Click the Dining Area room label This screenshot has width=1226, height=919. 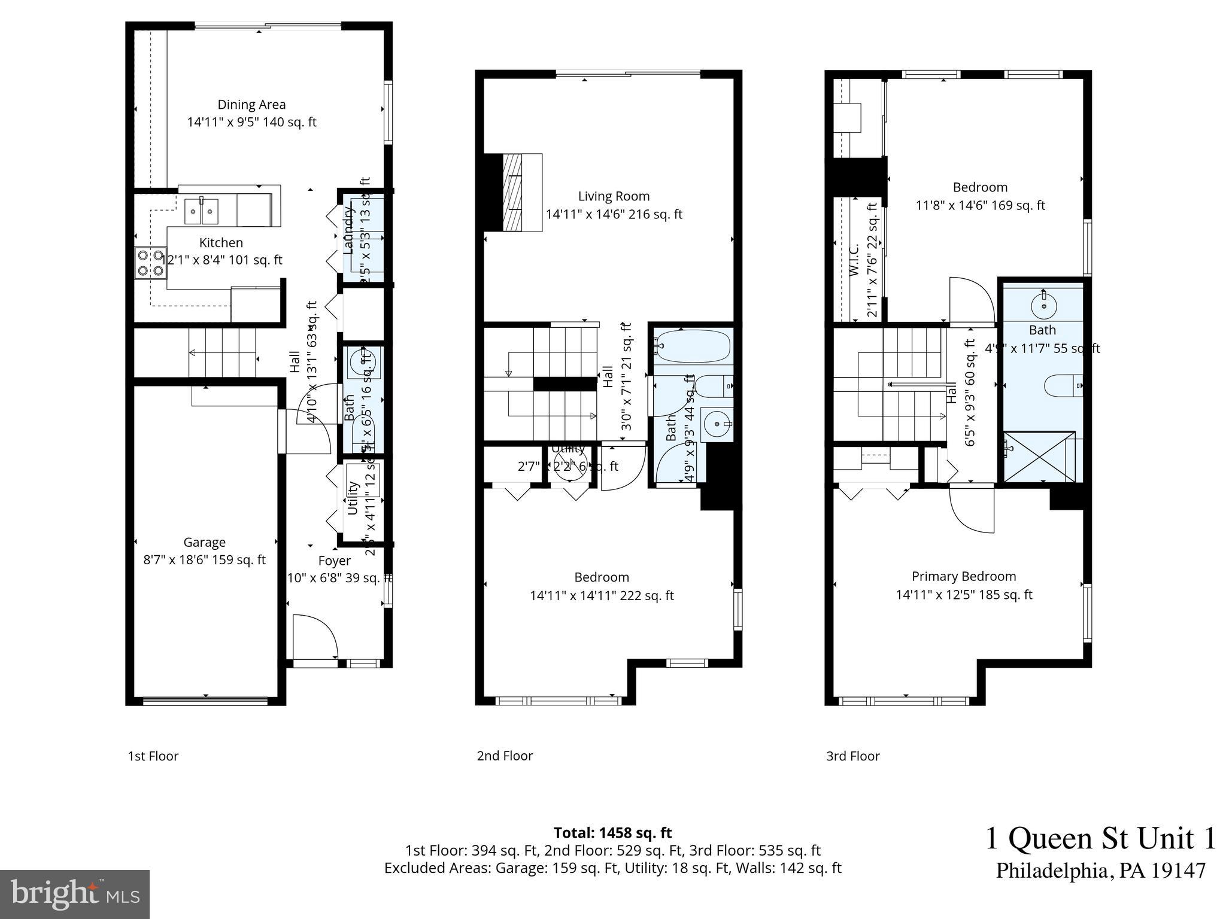coord(251,105)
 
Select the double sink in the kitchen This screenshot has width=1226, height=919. coord(202,211)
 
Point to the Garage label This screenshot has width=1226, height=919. coord(204,542)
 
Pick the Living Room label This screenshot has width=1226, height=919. coord(614,196)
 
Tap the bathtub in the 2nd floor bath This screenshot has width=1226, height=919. coord(693,346)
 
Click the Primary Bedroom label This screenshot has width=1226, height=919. coord(963,576)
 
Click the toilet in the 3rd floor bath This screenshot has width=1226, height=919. coord(1063,386)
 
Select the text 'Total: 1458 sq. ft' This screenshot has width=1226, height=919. coord(612,833)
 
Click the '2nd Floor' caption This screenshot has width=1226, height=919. coord(505,756)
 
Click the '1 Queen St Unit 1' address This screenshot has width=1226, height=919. coord(1100,838)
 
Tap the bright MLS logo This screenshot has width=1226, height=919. coord(75,894)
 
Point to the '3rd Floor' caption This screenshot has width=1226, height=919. coord(852,756)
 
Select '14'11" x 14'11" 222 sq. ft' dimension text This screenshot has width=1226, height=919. coord(602,596)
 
